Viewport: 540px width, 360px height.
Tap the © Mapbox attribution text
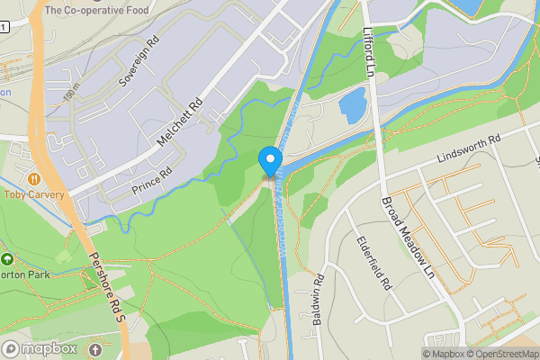443,353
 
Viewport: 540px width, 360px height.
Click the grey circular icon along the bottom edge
96,348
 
